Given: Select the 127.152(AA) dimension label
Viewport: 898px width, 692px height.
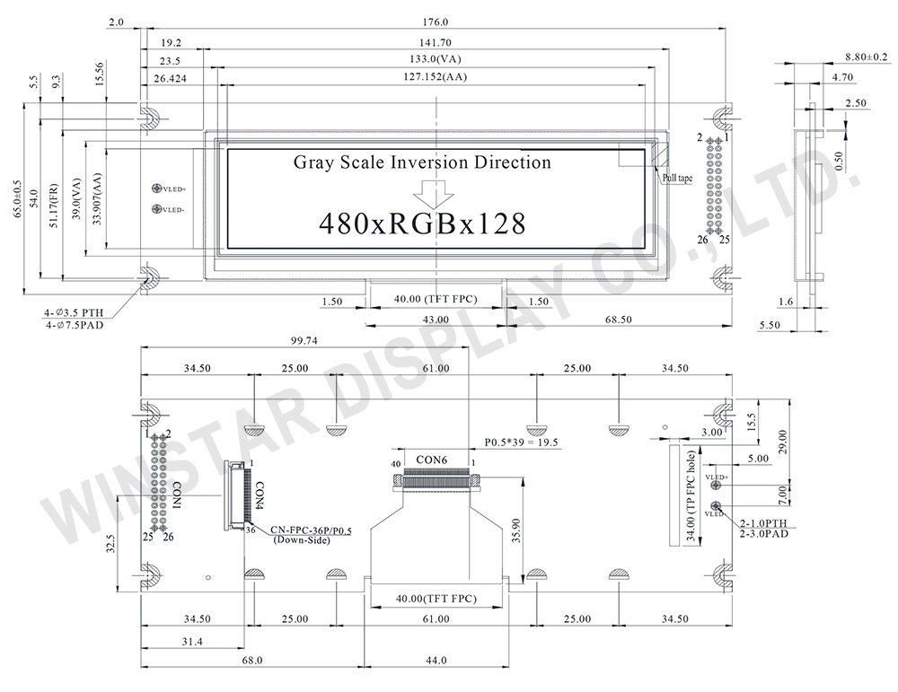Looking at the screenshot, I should pyautogui.click(x=436, y=77).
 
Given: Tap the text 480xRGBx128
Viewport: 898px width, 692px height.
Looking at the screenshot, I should pyautogui.click(x=422, y=223).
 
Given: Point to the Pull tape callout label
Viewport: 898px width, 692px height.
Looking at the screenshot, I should pyautogui.click(x=677, y=179).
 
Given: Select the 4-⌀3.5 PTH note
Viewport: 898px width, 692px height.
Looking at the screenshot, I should pyautogui.click(x=75, y=311).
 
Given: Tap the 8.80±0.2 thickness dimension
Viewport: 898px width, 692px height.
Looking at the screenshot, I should pyautogui.click(x=866, y=57).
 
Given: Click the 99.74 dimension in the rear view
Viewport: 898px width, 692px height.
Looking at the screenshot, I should pyautogui.click(x=304, y=341).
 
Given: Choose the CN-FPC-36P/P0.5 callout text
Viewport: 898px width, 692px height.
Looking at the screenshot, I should pyautogui.click(x=287, y=530).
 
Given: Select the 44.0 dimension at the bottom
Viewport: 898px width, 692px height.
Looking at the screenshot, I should pyautogui.click(x=436, y=661).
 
